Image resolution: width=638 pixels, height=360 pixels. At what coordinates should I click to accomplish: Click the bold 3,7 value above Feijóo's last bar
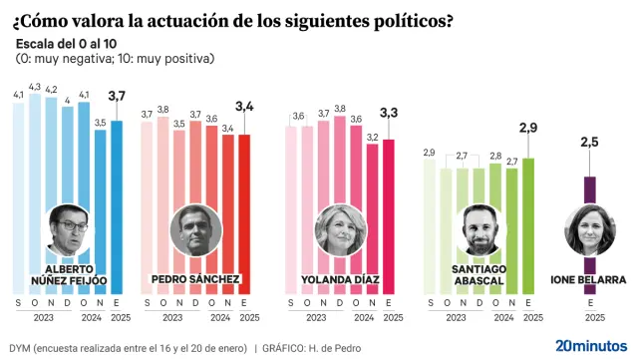point(118,96)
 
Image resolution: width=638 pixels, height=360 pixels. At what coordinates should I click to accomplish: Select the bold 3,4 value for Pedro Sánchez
point(244,105)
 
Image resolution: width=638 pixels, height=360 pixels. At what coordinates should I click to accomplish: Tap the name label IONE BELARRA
point(588,279)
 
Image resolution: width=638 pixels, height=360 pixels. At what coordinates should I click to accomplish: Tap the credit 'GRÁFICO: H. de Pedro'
point(321,348)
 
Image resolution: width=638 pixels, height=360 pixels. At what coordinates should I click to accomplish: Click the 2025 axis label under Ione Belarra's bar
point(589,317)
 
